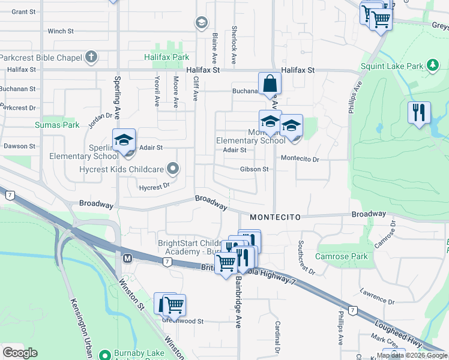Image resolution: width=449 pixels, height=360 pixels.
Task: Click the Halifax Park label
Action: pos(166,58)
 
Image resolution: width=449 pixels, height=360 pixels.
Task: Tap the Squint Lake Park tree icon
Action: pos(432,65)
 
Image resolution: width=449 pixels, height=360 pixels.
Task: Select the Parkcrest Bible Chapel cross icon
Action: pos(91,58)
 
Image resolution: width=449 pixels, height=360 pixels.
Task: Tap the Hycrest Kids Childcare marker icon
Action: pos(173,169)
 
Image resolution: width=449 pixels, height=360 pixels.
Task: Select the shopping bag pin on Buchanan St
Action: pos(270,82)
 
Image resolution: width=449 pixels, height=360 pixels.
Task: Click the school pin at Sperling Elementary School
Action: pos(124,140)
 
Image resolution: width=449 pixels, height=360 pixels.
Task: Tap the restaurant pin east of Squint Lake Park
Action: pos(419,112)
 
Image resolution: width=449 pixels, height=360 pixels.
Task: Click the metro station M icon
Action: pos(127,259)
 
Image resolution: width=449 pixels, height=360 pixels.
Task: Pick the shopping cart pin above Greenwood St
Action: pos(174,304)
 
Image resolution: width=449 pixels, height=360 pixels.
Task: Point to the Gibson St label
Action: pos(254,169)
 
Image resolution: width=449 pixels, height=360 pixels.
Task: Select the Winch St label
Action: pos(61,31)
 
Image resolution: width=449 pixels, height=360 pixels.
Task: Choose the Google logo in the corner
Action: pos(20,353)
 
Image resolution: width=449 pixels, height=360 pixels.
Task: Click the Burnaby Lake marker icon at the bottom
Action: pos(104,355)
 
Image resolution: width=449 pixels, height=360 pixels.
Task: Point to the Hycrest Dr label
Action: pos(151,188)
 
